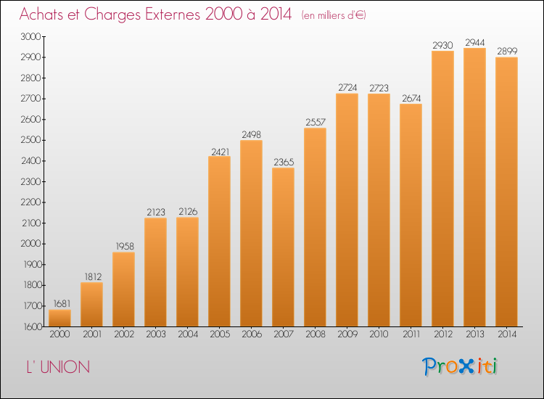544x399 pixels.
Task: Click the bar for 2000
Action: pos(59,318)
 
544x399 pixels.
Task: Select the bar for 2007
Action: pos(283,247)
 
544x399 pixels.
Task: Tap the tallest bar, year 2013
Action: pos(474,187)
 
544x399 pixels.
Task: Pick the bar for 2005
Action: pos(219,241)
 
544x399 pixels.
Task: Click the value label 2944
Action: pos(474,43)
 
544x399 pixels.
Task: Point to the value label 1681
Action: pos(62,304)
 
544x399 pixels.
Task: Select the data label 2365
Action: pos(284,162)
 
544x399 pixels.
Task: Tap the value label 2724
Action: pos(347,88)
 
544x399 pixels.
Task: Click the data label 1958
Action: pos(125,247)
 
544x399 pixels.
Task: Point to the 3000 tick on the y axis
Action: pos(31,36)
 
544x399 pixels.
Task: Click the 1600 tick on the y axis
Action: pos(33,327)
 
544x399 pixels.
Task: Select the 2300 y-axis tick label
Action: pos(31,181)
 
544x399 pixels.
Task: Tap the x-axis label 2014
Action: pos(507,334)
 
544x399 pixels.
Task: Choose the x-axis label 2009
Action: pos(347,334)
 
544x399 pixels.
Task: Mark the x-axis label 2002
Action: pos(124,334)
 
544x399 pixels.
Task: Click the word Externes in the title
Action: pos(173,15)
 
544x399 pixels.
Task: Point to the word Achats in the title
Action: pos(41,15)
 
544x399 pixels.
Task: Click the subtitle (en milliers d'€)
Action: pos(334,16)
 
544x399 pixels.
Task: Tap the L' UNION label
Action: pos(58,367)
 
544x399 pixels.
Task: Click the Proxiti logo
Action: pos(460,366)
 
